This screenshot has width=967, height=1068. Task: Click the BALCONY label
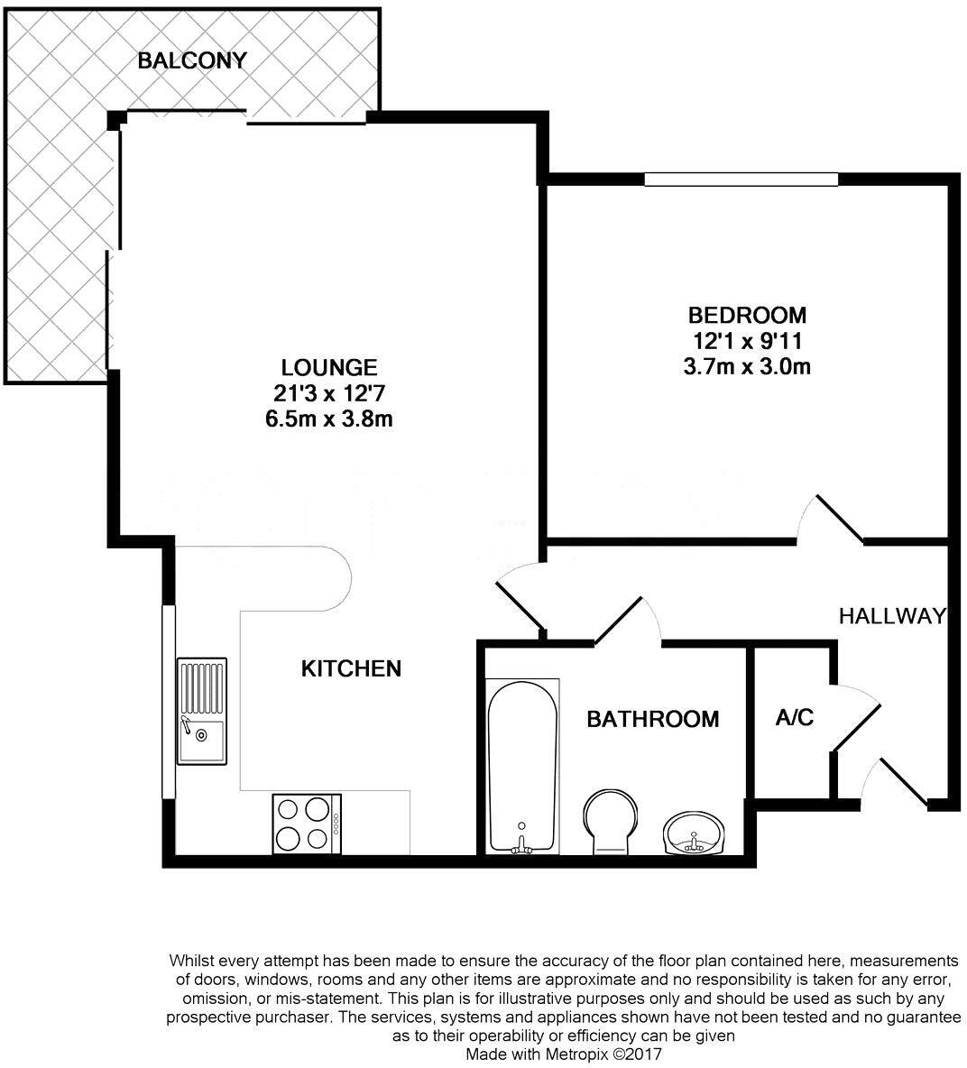[192, 61]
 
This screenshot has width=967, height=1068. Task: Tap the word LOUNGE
[329, 368]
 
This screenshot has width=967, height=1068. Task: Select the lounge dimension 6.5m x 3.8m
[329, 419]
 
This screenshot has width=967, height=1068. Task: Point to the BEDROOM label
[747, 316]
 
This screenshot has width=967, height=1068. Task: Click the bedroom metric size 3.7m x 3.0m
[747, 366]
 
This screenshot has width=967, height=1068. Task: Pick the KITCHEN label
[350, 668]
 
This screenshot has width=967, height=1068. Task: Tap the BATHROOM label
[653, 719]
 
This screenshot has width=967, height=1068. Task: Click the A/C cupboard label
[795, 718]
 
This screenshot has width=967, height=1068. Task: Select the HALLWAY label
[892, 616]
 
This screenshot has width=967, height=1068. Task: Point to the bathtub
[522, 765]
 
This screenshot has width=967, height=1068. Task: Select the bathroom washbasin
[693, 831]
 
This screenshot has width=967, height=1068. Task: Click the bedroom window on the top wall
[741, 180]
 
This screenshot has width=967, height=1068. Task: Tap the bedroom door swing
[832, 520]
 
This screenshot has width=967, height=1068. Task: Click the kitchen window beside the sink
[168, 702]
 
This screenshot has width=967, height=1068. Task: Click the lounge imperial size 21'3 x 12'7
[329, 393]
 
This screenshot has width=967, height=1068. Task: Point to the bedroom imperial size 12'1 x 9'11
[747, 341]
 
